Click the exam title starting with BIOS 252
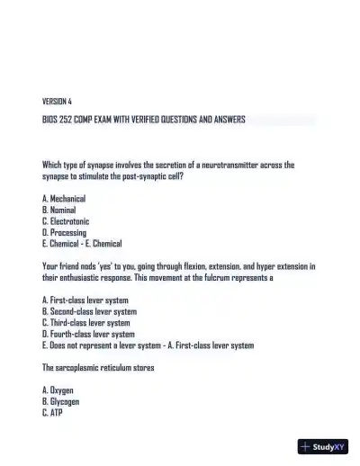tap(143, 119)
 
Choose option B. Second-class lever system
tap(89, 311)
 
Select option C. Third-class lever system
tap(86, 322)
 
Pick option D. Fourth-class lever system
tap(88, 334)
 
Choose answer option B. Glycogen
tap(61, 402)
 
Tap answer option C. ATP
tap(52, 414)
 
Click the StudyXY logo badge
tap(323, 446)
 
